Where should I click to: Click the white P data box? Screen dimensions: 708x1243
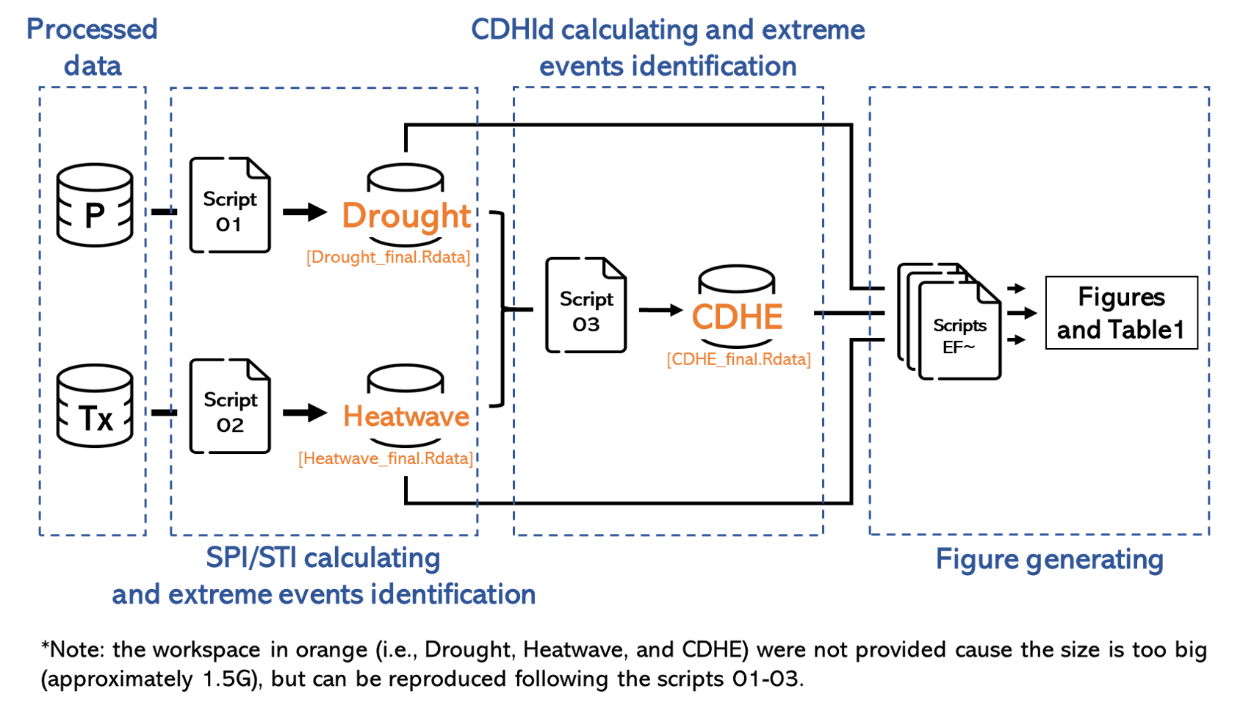(95, 215)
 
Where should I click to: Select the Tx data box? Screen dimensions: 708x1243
(96, 418)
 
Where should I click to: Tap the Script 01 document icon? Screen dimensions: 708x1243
(230, 206)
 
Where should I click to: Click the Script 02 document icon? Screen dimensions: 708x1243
(230, 406)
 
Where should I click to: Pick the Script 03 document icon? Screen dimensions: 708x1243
(586, 306)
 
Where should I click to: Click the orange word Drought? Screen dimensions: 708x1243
(406, 215)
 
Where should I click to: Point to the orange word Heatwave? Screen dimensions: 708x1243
(406, 416)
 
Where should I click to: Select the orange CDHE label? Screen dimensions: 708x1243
(737, 317)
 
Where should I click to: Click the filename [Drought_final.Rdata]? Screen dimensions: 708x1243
(388, 257)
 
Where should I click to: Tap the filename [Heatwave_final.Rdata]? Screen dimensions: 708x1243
(386, 459)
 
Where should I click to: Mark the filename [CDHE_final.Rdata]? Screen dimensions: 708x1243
(738, 359)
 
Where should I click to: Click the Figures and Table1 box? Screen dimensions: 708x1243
(1121, 313)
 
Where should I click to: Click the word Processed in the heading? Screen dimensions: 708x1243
(92, 29)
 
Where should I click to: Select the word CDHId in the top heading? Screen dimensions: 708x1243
(512, 30)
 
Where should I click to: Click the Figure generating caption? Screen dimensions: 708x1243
(1049, 560)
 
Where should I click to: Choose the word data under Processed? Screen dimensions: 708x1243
(93, 67)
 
